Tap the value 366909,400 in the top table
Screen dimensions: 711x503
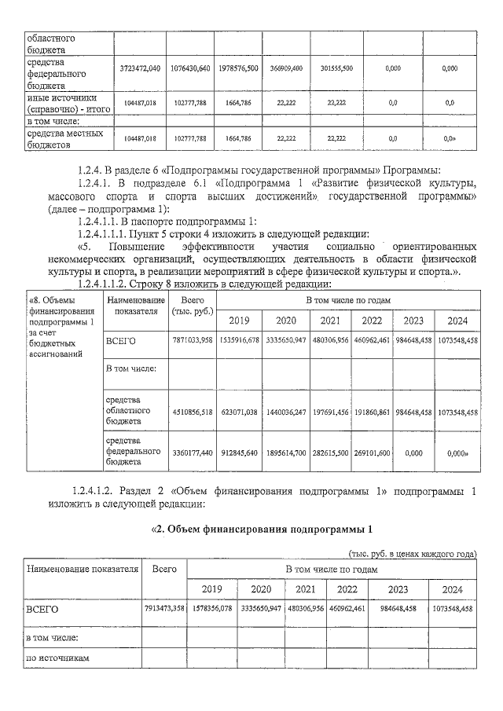pyautogui.click(x=288, y=69)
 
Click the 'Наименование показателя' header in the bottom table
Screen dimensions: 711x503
pyautogui.click(x=83, y=569)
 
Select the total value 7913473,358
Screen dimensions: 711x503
pyautogui.click(x=164, y=609)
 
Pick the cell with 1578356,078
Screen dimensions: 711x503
pyautogui.click(x=212, y=609)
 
